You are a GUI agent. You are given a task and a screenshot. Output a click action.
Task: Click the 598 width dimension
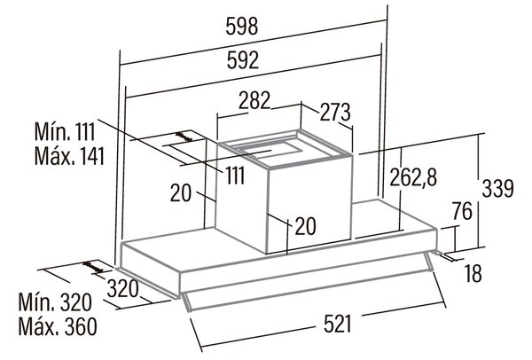click(x=242, y=27)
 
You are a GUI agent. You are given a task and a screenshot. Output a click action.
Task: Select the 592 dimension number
click(x=243, y=60)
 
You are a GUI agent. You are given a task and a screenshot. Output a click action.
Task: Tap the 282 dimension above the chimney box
click(x=254, y=100)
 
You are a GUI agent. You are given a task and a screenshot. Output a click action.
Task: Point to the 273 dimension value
click(x=335, y=113)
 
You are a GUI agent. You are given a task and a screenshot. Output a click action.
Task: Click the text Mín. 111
click(x=65, y=131)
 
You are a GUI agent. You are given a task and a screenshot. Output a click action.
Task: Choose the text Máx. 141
click(x=69, y=156)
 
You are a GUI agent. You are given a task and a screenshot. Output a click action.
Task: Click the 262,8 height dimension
click(x=413, y=177)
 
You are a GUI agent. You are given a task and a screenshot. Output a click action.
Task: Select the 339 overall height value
click(x=497, y=189)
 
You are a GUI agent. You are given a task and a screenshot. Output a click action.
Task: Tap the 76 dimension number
click(x=462, y=211)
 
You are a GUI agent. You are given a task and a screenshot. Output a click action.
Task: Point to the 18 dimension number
click(x=473, y=273)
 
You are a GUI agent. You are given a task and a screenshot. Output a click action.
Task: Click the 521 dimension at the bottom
click(x=337, y=324)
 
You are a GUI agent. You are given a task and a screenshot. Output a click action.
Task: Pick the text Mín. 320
click(x=55, y=302)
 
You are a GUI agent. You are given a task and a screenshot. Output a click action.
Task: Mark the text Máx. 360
click(x=58, y=326)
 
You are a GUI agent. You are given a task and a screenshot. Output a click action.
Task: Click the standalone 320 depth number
click(x=123, y=289)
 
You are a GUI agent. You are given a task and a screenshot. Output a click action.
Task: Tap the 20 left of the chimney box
click(x=181, y=193)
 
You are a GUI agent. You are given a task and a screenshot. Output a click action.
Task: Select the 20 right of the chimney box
click(x=306, y=226)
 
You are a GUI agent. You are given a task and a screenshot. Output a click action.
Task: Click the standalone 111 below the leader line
click(x=236, y=176)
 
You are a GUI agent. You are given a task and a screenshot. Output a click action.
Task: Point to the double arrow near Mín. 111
click(x=184, y=137)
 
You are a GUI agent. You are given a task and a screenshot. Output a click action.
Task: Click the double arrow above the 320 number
click(x=93, y=267)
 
